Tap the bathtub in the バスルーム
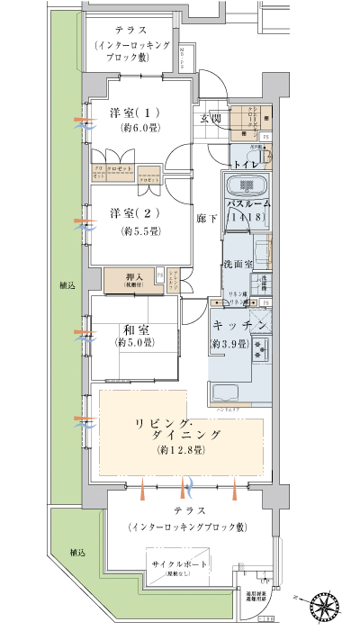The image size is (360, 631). click(x=246, y=188)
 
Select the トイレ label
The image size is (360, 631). click(x=246, y=166)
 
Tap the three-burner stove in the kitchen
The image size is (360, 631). click(x=264, y=347)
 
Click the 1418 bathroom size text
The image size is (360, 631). click(x=247, y=218)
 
